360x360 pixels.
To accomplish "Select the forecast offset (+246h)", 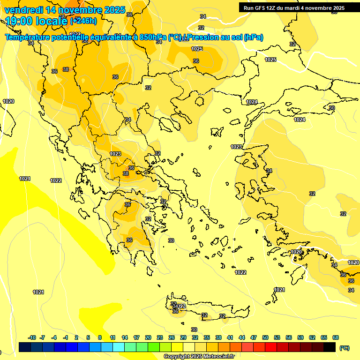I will [83, 21].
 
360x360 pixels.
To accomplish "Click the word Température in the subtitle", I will [27, 37].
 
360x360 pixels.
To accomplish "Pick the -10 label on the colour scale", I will [32, 337].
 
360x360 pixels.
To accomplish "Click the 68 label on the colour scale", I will [336, 337].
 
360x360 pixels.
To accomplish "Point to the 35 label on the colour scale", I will [207, 337].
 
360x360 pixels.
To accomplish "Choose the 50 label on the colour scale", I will [265, 337].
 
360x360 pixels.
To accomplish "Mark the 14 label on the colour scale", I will [125, 337].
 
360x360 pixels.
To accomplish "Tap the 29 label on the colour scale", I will [183, 337].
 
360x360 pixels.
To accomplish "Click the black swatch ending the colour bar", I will [330, 347].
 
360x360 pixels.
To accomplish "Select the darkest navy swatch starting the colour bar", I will [25, 347].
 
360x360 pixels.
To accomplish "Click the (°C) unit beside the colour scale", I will [344, 347].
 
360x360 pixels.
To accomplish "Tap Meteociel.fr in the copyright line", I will [218, 357].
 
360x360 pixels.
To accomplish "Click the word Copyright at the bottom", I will [177, 357].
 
